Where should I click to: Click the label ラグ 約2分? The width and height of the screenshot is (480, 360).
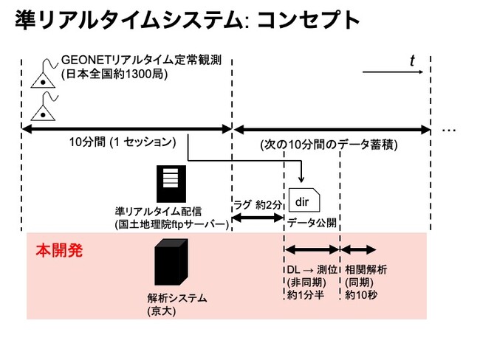pos(256,204)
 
